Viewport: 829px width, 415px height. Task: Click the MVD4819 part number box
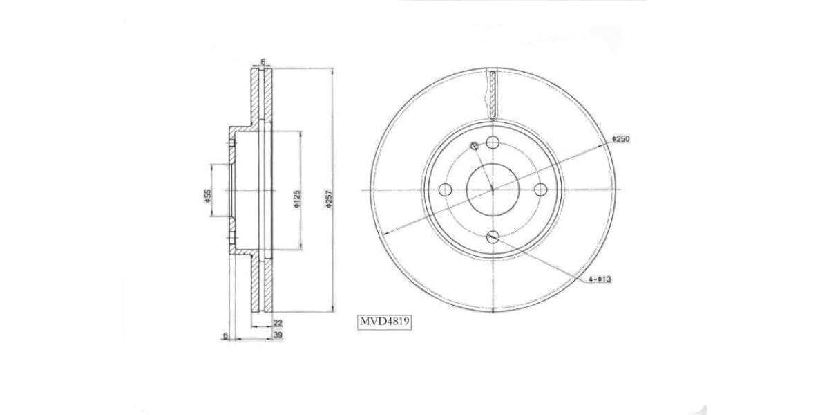(384, 321)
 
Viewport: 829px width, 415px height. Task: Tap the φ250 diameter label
(620, 139)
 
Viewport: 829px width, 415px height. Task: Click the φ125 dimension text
(296, 200)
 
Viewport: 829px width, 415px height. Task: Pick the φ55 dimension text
(207, 196)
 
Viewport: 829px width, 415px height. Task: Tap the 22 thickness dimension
(277, 323)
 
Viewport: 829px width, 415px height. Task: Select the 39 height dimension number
(277, 335)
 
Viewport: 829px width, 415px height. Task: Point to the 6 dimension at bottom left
(225, 335)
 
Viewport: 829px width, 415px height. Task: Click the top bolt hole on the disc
(492, 142)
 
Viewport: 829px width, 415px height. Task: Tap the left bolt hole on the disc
(445, 190)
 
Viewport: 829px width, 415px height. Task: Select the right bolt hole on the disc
(540, 190)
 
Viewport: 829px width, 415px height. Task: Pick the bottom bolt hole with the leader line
(492, 237)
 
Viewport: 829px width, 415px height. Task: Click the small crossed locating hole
(474, 146)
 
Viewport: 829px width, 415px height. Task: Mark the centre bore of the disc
(492, 190)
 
